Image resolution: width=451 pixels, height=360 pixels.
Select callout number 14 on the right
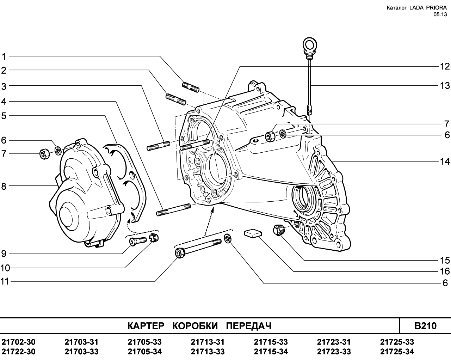coord(445,161)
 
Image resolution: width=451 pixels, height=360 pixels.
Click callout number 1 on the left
coord(4,56)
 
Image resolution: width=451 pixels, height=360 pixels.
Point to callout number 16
coord(445,271)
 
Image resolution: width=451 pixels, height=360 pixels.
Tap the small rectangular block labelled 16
coord(253,233)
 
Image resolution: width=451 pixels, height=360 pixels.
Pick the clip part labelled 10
coord(154,237)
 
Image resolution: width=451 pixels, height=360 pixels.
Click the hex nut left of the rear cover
coord(45,154)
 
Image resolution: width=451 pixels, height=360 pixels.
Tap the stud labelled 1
coord(190,86)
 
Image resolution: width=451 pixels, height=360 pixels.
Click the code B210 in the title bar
coord(425,325)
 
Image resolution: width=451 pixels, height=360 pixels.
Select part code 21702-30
coord(19,342)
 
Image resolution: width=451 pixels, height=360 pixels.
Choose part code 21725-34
coord(397,352)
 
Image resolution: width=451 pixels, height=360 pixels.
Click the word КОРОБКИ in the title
coord(195,326)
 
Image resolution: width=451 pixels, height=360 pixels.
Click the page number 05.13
coord(440,14)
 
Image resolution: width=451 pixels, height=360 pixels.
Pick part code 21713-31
coord(208,342)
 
